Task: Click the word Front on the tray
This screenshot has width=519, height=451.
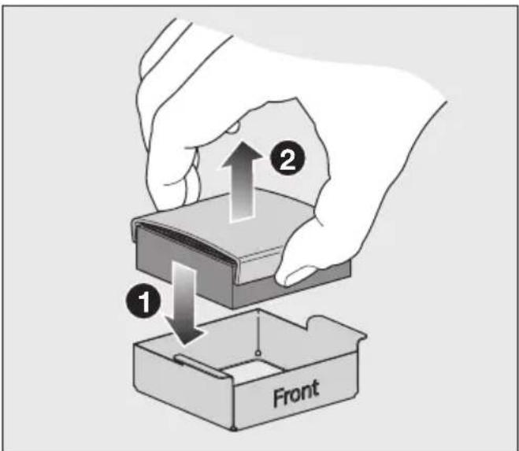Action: point(296,393)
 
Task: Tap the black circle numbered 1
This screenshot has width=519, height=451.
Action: point(143,301)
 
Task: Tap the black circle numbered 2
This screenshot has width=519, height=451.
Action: point(287,161)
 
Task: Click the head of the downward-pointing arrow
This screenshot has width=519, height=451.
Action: point(184,331)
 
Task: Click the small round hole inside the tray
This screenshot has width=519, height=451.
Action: point(258,353)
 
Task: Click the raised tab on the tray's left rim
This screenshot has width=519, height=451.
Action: point(201,366)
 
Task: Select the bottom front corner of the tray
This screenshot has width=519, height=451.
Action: point(234,429)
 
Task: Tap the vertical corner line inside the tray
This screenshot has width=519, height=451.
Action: point(258,331)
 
